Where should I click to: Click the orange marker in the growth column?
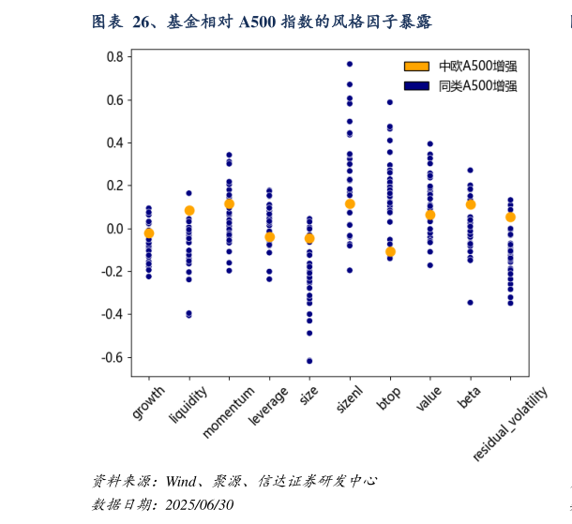pos(148,233)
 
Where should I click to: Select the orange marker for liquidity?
pos(189,211)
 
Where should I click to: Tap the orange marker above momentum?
pos(229,203)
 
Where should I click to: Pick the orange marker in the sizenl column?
pos(350,203)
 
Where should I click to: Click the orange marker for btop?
pos(390,251)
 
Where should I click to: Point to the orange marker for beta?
pos(471,204)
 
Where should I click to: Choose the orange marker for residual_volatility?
pos(510,217)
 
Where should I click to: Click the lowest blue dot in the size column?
pos(309,361)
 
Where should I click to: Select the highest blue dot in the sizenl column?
pos(350,64)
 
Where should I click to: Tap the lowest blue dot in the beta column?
pos(471,302)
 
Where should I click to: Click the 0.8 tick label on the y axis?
pos(114,57)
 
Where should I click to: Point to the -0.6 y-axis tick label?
pos(113,357)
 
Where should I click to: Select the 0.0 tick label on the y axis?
pos(114,229)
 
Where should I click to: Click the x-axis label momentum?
pos(228,412)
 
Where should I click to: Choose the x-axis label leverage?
pos(268,405)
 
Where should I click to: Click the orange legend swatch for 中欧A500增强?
pos(416,66)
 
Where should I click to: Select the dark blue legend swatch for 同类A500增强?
pos(416,85)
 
